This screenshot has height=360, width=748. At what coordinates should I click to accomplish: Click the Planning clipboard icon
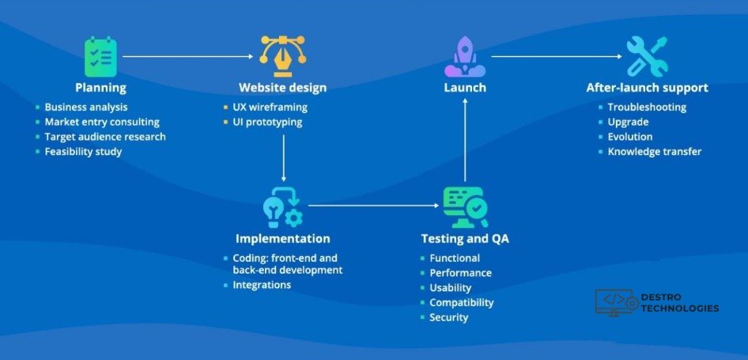pyautogui.click(x=100, y=56)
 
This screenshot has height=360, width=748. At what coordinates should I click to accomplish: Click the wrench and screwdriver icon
pyautogui.click(x=647, y=56)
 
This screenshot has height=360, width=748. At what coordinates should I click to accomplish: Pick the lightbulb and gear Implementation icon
pyautogui.click(x=282, y=207)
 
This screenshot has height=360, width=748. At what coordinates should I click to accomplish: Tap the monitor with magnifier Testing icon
pyautogui.click(x=464, y=207)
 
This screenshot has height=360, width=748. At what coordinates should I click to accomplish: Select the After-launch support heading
pyautogui.click(x=647, y=88)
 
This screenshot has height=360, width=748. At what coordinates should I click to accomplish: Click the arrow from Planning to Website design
pyautogui.click(x=190, y=57)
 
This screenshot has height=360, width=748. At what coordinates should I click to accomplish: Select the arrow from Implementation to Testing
pyautogui.click(x=373, y=206)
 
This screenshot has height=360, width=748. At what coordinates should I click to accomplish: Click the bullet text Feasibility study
pyautogui.click(x=83, y=151)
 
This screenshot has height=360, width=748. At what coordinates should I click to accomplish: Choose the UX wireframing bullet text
pyautogui.click(x=270, y=108)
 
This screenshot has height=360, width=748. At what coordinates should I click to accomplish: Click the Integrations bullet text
pyautogui.click(x=262, y=285)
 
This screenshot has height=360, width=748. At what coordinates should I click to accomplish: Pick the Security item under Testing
pyautogui.click(x=448, y=317)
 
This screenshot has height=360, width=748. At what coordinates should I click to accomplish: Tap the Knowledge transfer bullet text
pyautogui.click(x=654, y=151)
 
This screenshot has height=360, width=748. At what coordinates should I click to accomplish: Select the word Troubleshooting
pyautogui.click(x=647, y=108)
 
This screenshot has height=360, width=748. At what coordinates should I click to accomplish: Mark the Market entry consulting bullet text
pyautogui.click(x=102, y=122)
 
